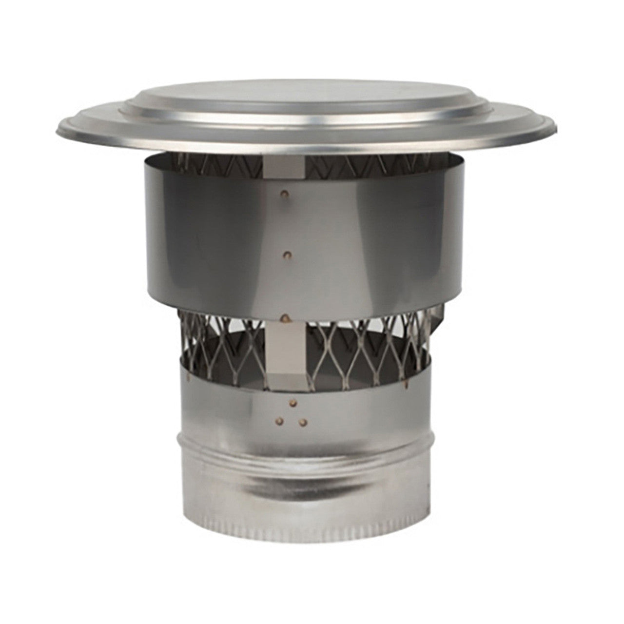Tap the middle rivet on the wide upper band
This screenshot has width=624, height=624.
tap(288, 254)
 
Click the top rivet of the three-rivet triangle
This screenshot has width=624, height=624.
tap(292, 403)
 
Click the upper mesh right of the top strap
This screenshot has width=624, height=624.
tap(370, 163)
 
